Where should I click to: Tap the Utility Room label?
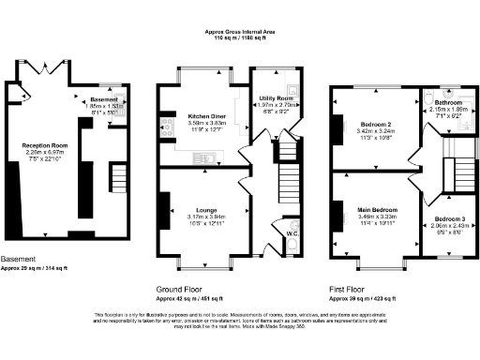tap(278, 97)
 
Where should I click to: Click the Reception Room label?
tap(46, 146)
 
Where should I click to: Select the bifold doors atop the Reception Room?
tap(45, 67)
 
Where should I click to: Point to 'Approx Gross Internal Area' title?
tap(240, 31)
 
